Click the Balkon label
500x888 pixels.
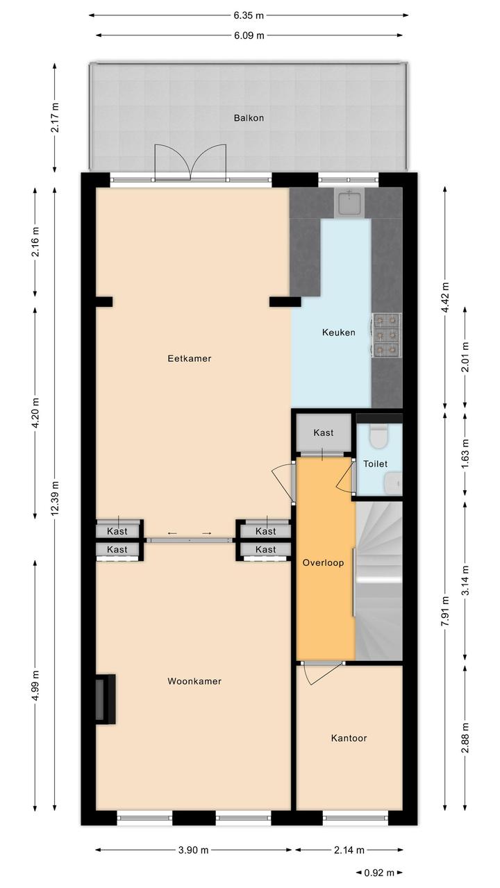249,118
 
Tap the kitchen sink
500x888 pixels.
349,202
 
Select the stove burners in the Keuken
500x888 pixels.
387,333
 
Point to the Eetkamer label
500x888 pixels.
190,358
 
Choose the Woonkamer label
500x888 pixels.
194,681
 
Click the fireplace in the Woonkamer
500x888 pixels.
106,699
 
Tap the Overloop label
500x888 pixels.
323,562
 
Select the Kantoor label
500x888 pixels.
349,738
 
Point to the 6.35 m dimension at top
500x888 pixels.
249,15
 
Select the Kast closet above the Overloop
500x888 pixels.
324,433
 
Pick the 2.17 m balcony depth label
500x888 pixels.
55,118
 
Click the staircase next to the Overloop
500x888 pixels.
379,581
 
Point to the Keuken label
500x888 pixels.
339,332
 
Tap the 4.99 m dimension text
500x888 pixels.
35,686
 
